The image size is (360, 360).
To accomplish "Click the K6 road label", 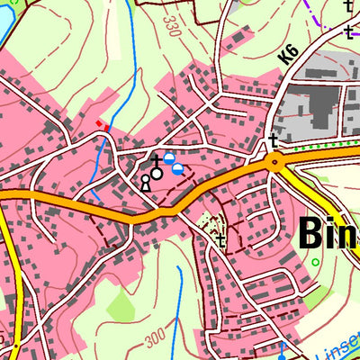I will tap(287, 53).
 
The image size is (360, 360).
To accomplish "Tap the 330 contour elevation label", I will tap(172, 26).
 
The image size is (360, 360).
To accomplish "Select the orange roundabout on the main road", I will tap(274, 162).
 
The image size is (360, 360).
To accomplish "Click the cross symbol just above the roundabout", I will tap(273, 140).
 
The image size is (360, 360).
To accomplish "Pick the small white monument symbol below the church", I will tap(145, 183).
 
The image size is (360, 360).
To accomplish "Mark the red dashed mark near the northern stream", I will tap(101, 125).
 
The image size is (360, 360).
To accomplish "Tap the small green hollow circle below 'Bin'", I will tap(315, 263).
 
